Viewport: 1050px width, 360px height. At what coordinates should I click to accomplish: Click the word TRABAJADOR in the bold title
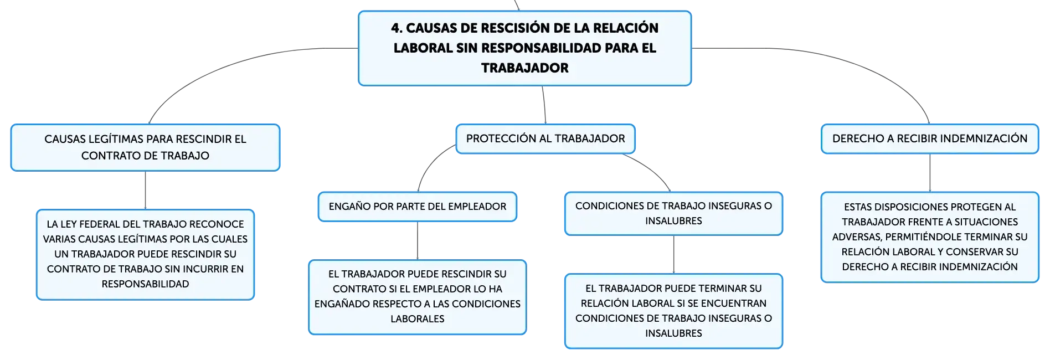tap(524, 68)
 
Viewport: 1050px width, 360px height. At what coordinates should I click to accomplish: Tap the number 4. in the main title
tap(397, 28)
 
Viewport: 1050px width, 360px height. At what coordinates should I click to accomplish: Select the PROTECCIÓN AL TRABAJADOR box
tap(545, 138)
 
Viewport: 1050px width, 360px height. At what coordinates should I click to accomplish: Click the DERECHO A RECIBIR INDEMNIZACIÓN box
tap(930, 138)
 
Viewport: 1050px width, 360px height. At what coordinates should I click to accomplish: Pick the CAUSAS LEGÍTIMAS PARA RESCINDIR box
tap(145, 147)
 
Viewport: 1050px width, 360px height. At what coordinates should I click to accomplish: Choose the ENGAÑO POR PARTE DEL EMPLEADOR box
tap(418, 207)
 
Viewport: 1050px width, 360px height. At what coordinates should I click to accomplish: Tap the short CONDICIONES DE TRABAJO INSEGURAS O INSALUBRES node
tap(673, 213)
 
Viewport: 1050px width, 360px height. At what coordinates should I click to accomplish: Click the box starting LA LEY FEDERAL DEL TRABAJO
tap(145, 254)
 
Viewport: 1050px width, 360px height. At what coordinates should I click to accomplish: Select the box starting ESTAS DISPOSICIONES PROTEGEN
tap(930, 237)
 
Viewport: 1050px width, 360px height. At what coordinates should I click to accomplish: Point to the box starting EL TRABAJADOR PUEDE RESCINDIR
tap(418, 297)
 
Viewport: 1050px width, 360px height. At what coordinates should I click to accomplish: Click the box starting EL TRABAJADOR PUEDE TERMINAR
tap(673, 311)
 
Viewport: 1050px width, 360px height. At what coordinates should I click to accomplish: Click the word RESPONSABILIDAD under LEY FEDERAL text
tap(145, 284)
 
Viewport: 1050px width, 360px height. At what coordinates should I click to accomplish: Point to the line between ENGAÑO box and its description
tap(418, 241)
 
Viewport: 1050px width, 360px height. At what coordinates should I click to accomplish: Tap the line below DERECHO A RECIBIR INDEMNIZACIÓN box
tap(930, 173)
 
